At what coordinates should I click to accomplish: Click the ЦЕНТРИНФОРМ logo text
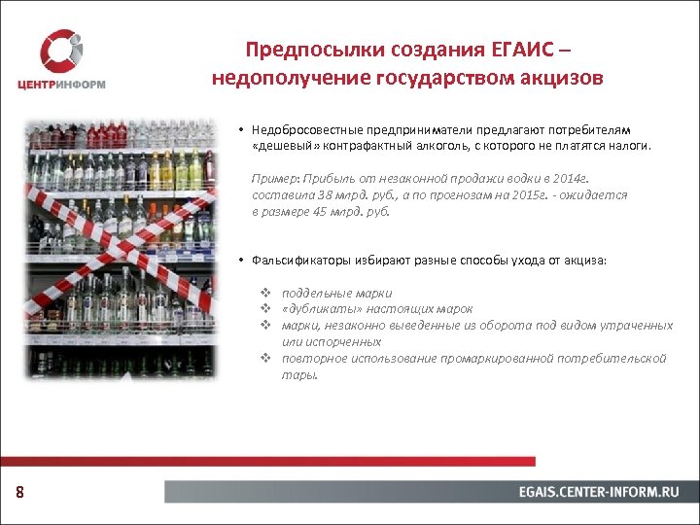61,84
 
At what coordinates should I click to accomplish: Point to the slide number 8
19,493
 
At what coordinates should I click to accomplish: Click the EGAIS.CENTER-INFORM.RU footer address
598,492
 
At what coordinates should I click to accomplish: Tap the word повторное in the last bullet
310,358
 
